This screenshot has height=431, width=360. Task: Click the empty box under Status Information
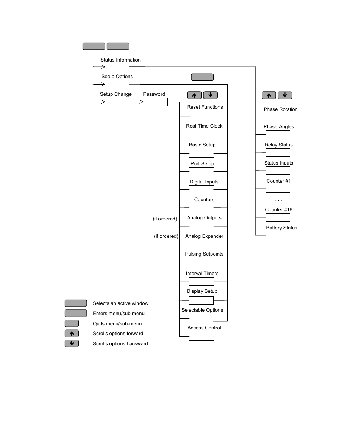coord(117,67)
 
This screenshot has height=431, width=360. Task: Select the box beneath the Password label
coord(155,102)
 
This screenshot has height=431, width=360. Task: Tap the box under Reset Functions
coord(202,116)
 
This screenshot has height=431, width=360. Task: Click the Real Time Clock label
coord(204,126)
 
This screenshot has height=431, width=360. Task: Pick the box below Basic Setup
coord(202,153)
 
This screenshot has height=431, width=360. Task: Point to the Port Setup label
coord(202,164)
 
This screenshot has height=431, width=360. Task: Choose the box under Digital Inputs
coord(202,189)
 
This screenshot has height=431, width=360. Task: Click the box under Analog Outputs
coord(202,226)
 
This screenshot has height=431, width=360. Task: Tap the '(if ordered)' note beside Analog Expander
coord(166,236)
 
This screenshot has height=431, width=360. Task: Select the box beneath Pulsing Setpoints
coord(202,263)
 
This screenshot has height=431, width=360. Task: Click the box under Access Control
coord(202,336)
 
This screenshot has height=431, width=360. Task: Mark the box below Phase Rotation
coord(278,117)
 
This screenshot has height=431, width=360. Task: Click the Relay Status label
coord(278,145)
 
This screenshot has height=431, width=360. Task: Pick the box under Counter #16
coord(278,217)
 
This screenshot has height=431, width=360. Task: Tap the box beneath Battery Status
coord(278,236)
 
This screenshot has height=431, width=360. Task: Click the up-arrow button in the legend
coord(72,334)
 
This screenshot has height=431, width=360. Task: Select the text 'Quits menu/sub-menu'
coord(117,324)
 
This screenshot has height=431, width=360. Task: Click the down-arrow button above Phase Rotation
coord(285,95)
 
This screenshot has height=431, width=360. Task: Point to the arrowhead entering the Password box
coord(141,102)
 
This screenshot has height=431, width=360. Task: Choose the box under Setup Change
coord(117,102)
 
